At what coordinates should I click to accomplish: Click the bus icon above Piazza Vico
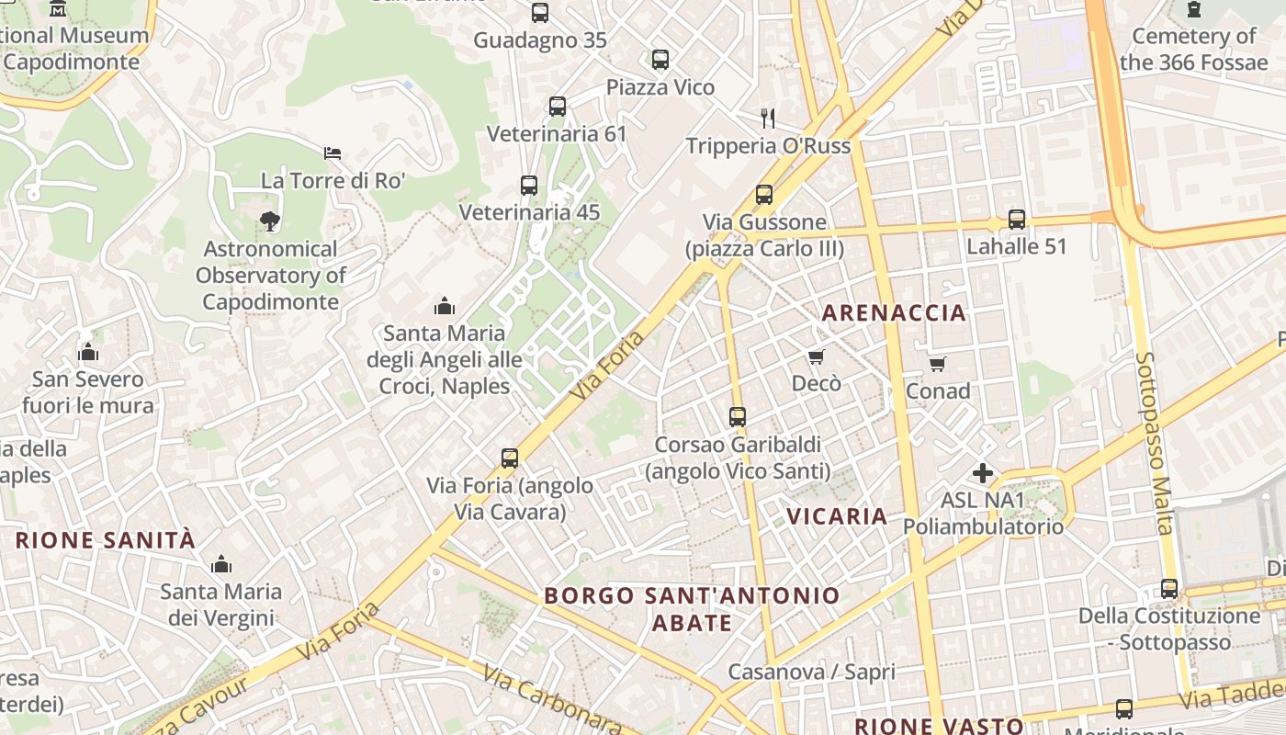(660, 60)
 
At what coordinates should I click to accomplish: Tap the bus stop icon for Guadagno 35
(539, 13)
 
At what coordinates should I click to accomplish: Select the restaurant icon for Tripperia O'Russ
(768, 118)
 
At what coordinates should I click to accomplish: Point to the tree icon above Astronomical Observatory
(269, 220)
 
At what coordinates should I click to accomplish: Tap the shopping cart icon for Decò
(816, 356)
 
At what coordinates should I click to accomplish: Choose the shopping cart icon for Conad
(937, 365)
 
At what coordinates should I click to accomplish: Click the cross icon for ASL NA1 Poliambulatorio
(982, 473)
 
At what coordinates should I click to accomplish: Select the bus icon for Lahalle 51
(1016, 220)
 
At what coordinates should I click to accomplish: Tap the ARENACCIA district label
(894, 312)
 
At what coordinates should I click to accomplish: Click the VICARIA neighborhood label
(837, 516)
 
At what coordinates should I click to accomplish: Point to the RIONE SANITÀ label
(106, 540)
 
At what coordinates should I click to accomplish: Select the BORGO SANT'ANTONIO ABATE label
(692, 608)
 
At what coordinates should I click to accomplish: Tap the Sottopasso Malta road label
(1154, 443)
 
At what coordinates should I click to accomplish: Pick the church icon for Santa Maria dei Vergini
(220, 564)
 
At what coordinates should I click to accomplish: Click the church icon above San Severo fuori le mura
(88, 352)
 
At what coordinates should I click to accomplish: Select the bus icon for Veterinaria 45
(528, 185)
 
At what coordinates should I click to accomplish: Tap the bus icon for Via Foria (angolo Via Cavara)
(509, 458)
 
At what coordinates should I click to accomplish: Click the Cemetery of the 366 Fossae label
(1193, 50)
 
